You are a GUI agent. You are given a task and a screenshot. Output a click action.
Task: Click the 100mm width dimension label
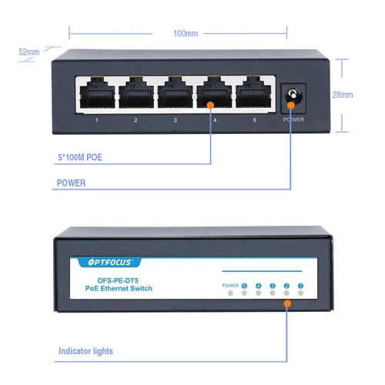186,33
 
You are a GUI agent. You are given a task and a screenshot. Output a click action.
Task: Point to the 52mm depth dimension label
29,52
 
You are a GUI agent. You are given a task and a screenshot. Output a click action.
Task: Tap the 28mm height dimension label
343,95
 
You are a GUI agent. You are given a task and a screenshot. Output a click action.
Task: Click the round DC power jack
293,96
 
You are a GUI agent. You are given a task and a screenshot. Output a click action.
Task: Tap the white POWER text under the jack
293,120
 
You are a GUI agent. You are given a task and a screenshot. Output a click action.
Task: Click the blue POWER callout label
71,183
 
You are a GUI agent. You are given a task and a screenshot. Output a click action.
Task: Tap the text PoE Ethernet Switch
119,289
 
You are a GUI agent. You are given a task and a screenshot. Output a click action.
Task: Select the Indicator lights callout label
85,351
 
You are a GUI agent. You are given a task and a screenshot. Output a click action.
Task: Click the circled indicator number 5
245,286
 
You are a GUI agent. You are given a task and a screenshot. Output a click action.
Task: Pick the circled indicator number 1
300,286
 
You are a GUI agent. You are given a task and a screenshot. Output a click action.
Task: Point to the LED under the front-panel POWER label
230,296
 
